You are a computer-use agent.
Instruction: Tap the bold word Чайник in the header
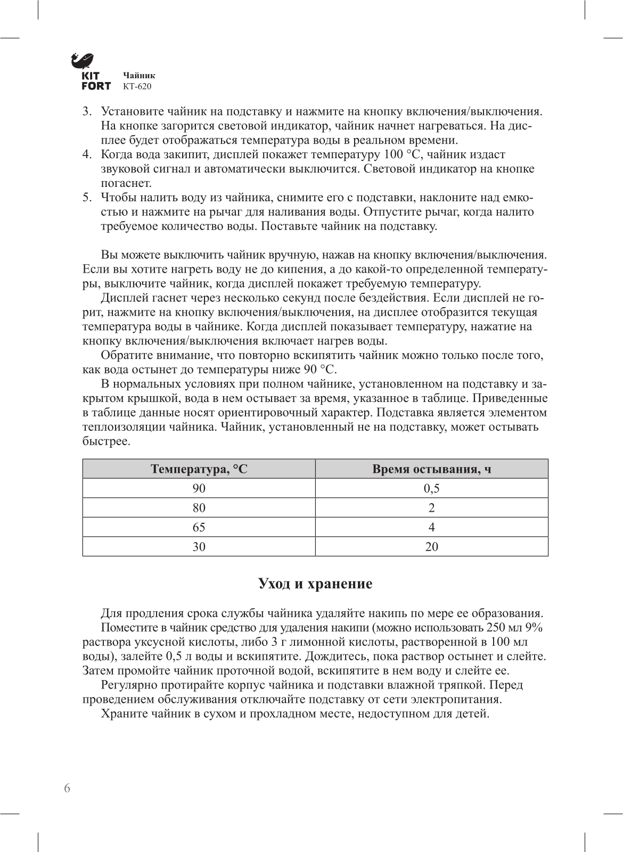click(x=139, y=76)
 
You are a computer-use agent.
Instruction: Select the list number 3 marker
click(x=87, y=112)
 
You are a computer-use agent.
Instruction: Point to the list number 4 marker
click(x=87, y=155)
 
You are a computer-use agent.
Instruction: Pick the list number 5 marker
click(x=87, y=198)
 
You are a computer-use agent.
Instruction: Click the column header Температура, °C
click(x=199, y=469)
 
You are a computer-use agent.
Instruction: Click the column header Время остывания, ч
click(x=431, y=469)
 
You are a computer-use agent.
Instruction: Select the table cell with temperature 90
click(x=199, y=488)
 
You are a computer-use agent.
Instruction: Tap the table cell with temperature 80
click(x=199, y=508)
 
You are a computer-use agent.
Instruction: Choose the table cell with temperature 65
click(x=199, y=527)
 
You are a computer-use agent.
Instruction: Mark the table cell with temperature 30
click(x=199, y=547)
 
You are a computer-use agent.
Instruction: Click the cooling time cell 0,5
click(x=431, y=488)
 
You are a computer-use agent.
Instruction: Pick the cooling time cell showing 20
click(x=431, y=547)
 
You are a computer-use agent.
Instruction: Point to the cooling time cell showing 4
click(x=431, y=527)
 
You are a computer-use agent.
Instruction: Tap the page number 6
click(x=67, y=789)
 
